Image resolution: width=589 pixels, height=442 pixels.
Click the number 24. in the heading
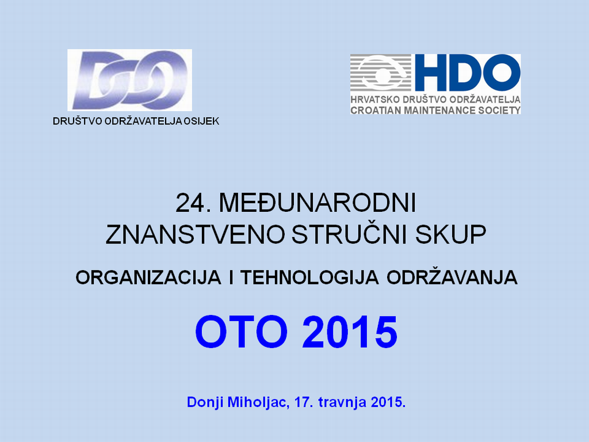(193, 203)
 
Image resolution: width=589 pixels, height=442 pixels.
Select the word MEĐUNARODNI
(318, 203)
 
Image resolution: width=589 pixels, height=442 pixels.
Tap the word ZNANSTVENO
(195, 235)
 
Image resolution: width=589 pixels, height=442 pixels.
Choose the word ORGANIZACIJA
(148, 278)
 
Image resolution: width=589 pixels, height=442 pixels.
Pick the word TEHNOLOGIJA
(309, 278)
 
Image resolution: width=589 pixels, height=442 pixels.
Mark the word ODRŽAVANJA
(452, 277)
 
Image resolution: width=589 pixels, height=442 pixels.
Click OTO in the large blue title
(241, 332)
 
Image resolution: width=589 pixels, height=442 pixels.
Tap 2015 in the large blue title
(349, 332)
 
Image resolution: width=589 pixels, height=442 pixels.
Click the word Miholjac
(257, 402)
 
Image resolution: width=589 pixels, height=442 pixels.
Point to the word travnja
(342, 402)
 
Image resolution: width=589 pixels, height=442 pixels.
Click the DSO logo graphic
(129, 80)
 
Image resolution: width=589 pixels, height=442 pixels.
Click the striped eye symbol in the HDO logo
(381, 73)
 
